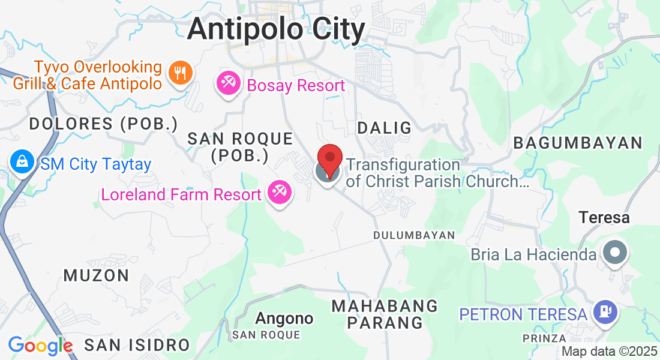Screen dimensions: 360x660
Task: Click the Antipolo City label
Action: [x=276, y=29]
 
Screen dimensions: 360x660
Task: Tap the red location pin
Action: [x=329, y=160]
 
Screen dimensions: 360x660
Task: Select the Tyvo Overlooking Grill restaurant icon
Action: [x=179, y=74]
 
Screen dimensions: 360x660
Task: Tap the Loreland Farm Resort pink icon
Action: [x=280, y=193]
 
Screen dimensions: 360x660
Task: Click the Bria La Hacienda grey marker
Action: [x=614, y=253]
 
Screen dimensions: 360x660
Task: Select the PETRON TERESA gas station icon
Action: [x=605, y=313]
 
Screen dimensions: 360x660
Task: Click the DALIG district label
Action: [x=385, y=128]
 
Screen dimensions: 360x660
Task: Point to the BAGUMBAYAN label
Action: [x=578, y=143]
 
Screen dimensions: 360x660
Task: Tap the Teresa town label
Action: [x=604, y=217]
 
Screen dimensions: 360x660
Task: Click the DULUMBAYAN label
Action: [x=414, y=235]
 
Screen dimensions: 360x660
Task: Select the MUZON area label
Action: [x=96, y=275]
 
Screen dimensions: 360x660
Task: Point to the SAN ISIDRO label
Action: [x=137, y=345]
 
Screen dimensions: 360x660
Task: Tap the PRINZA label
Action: [x=544, y=339]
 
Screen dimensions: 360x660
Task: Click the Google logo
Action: [x=40, y=346]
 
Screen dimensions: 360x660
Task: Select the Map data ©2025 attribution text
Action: [x=610, y=352]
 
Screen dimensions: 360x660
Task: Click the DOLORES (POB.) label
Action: [x=104, y=124]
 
